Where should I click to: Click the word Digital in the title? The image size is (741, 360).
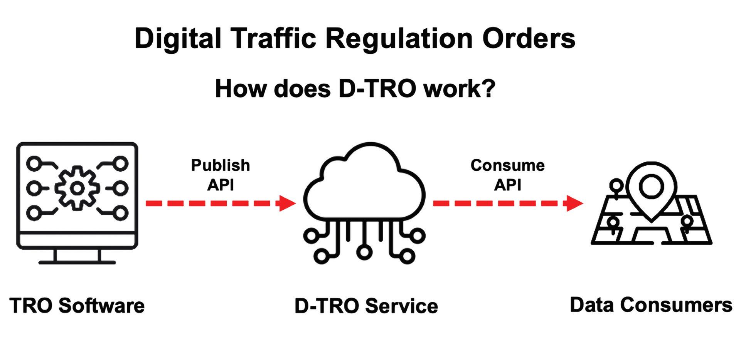tap(178, 39)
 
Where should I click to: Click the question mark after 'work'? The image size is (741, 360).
tap(488, 89)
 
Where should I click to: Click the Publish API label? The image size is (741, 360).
tap(221, 175)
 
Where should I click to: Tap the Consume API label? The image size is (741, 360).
tap(507, 175)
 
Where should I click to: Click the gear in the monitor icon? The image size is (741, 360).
tap(77, 188)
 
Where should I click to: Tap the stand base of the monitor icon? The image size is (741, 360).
tap(77, 262)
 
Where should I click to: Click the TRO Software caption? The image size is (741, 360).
tap(77, 306)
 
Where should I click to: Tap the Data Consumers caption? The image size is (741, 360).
tap(651, 305)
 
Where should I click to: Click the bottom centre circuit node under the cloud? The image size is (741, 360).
tap(364, 252)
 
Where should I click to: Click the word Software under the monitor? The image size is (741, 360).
tap(102, 306)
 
